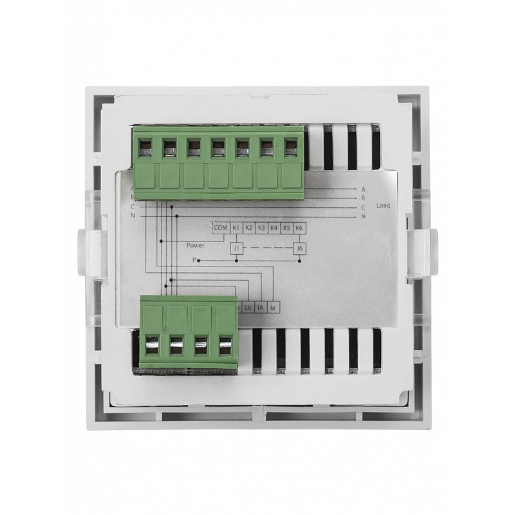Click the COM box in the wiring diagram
221,227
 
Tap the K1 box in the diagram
236,227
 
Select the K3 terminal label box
261,227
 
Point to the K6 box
299,227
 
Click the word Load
385,206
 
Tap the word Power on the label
195,245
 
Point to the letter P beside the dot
193,259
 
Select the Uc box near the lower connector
248,308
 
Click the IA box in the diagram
261,308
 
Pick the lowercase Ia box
274,308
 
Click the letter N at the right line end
363,217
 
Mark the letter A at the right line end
363,189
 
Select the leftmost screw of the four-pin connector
153,348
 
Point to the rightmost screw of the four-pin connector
225,348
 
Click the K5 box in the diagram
286,227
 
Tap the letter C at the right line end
363,207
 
